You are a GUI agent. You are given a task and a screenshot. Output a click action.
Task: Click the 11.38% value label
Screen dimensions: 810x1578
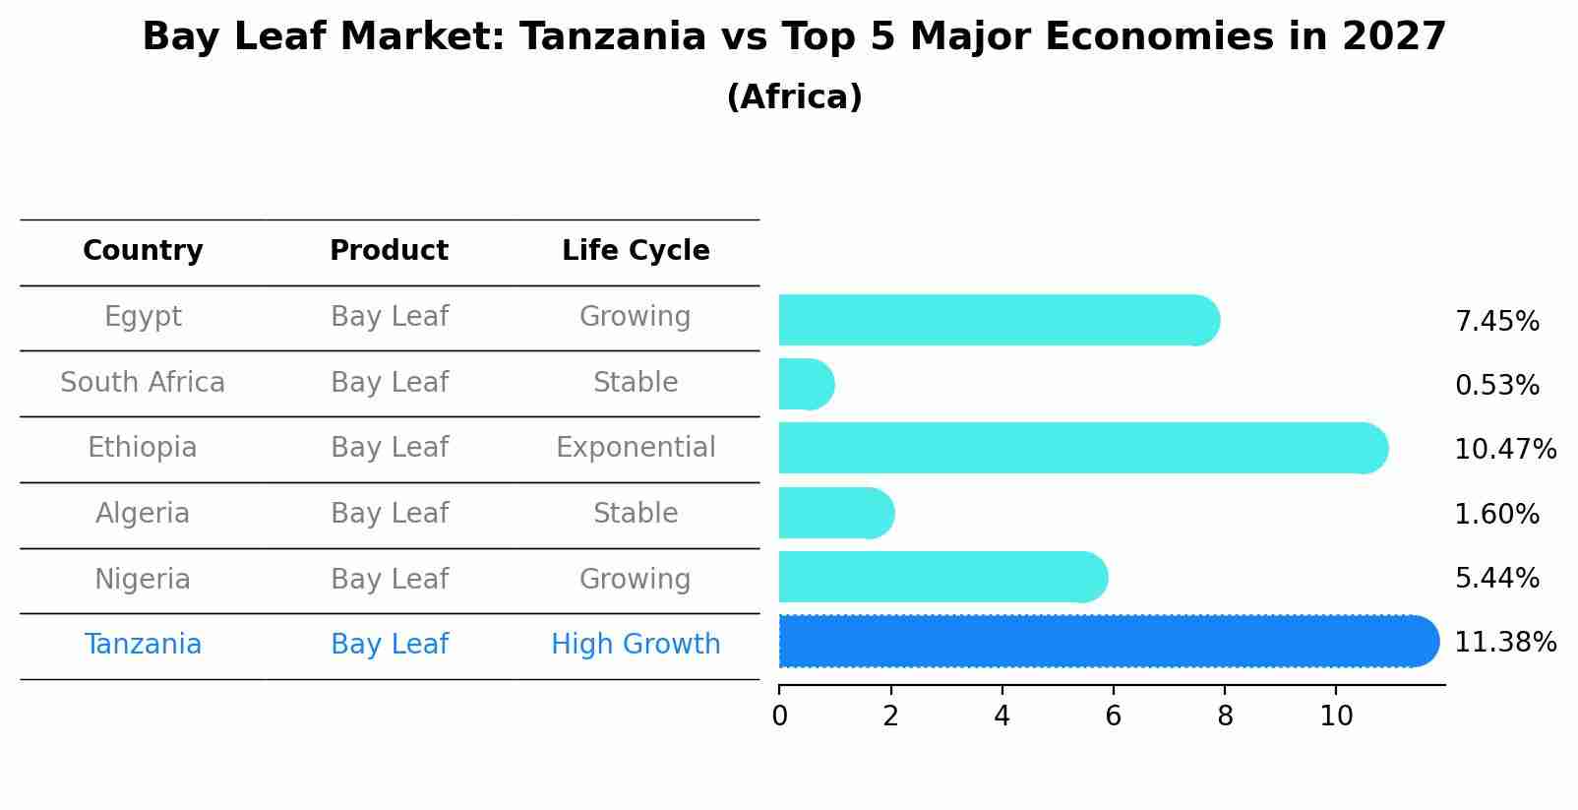point(1504,643)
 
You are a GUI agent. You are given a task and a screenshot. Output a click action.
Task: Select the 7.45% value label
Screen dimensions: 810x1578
point(1496,322)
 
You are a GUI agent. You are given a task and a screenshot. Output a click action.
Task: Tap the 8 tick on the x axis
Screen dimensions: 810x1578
point(1224,716)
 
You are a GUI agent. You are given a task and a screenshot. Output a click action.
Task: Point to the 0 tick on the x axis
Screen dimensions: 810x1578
point(779,716)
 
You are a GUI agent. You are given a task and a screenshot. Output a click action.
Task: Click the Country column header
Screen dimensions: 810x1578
point(143,251)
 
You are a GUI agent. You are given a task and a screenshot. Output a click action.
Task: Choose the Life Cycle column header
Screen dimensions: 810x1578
point(636,251)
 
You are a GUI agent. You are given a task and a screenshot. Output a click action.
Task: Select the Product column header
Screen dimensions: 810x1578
point(389,251)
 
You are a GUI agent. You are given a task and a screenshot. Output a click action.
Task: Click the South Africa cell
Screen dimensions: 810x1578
point(143,383)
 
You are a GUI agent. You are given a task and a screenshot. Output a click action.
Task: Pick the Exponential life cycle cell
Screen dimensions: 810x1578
point(636,448)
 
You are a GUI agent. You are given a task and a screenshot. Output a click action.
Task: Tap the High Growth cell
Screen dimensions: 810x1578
point(636,645)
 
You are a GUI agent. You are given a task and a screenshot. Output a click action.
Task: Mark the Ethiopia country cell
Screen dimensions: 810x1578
point(143,448)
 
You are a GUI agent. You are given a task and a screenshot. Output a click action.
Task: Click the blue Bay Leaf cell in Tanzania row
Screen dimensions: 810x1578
point(389,645)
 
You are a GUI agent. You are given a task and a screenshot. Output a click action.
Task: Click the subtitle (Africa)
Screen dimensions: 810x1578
point(794,97)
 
